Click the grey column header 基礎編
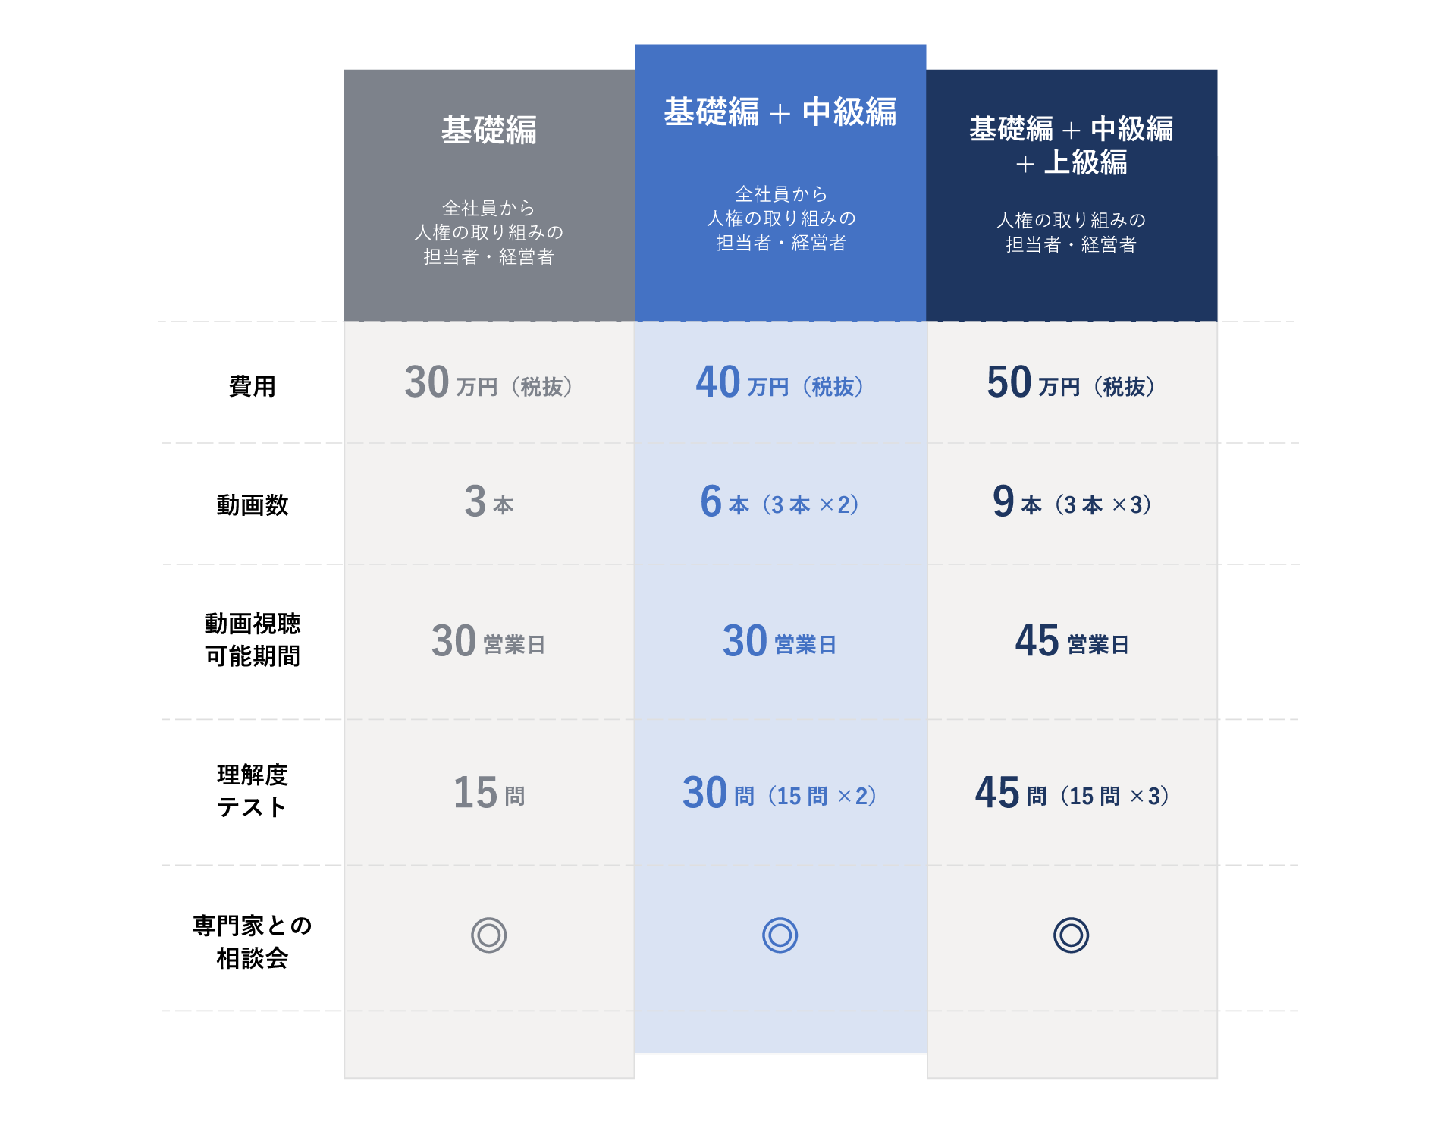(489, 130)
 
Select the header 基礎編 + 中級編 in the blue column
(780, 112)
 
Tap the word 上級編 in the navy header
(1085, 163)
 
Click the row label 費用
(253, 386)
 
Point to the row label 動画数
(253, 504)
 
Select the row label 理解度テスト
(253, 791)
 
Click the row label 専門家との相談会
(253, 941)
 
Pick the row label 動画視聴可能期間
(253, 640)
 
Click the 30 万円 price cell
(489, 383)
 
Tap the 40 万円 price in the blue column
(780, 383)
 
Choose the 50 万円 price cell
(1071, 383)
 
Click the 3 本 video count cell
(489, 502)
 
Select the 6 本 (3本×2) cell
(780, 502)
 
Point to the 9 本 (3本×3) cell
(1071, 502)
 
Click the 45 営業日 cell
(1071, 642)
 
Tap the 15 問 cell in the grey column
(489, 794)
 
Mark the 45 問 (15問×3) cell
(1071, 794)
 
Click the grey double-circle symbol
(489, 935)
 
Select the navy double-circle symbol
(1071, 935)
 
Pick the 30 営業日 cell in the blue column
(780, 642)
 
